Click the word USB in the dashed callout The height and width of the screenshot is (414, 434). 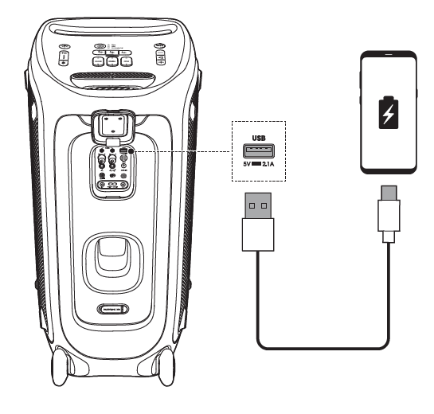pyautogui.click(x=259, y=138)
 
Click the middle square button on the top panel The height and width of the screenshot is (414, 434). pyautogui.click(x=114, y=61)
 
